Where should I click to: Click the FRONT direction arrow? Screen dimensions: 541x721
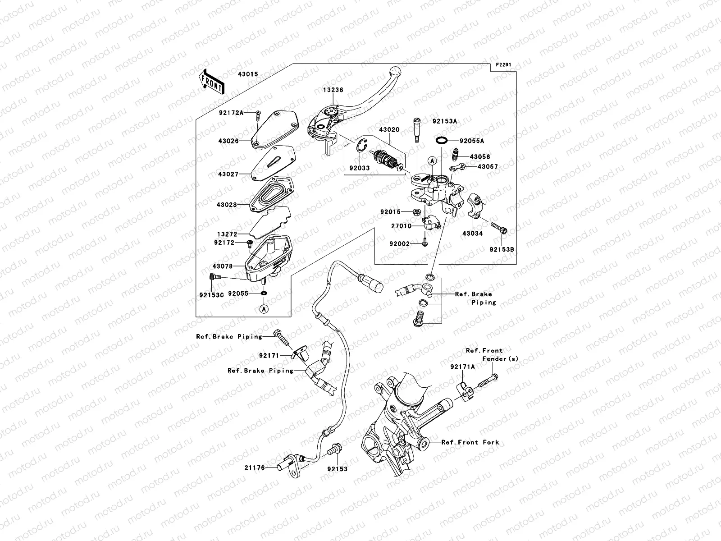(211, 82)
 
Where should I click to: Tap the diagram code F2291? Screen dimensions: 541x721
(504, 65)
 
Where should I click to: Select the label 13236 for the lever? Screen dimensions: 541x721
(333, 90)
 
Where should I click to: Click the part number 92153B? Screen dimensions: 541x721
(502, 249)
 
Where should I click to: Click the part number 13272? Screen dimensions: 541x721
(227, 234)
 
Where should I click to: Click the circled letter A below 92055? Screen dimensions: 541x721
(264, 309)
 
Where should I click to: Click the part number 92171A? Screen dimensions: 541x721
(462, 367)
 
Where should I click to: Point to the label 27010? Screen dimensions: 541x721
(401, 226)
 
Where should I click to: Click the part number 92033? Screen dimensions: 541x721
(359, 168)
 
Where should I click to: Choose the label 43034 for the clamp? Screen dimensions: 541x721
(472, 234)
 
